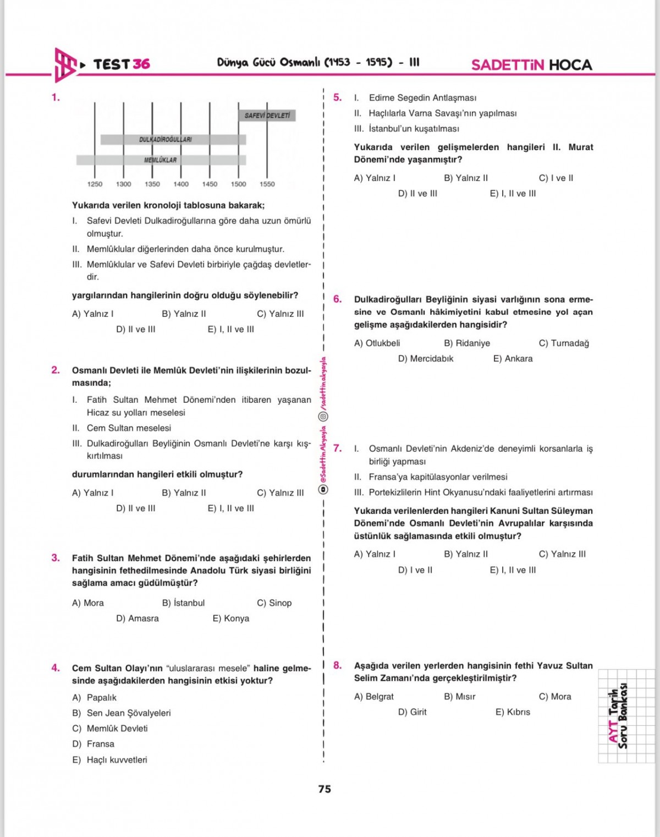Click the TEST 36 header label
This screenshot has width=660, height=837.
click(x=122, y=64)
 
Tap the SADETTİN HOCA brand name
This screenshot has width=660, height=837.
click(x=531, y=65)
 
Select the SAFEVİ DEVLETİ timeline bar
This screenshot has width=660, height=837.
click(x=267, y=116)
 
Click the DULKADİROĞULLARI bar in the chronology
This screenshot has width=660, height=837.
click(x=173, y=139)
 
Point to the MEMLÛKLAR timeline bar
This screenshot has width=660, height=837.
click(x=161, y=160)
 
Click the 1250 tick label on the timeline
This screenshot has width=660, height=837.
click(x=95, y=184)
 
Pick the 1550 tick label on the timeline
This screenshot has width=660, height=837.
click(x=267, y=184)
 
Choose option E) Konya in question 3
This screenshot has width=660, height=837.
click(x=231, y=619)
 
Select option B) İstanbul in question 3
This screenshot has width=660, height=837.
click(x=183, y=603)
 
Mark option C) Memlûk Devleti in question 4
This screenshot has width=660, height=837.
click(x=110, y=729)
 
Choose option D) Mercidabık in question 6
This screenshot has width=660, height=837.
click(x=426, y=359)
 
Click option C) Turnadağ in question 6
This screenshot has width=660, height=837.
click(x=564, y=343)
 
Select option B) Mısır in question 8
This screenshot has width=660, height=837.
click(x=460, y=697)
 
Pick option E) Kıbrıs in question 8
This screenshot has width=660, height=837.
click(x=513, y=712)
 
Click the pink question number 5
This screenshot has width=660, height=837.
click(x=337, y=97)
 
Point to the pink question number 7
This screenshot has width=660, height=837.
click(x=337, y=448)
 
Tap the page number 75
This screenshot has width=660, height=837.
click(x=324, y=789)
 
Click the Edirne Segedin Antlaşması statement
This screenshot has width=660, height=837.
click(x=422, y=98)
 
